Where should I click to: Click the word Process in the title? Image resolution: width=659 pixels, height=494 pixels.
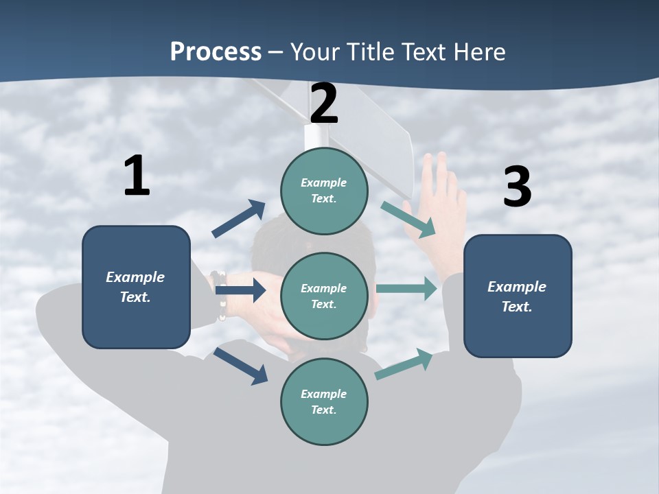[216, 51]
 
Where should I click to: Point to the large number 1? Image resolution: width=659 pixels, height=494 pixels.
[137, 176]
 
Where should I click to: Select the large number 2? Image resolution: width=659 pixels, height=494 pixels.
[324, 104]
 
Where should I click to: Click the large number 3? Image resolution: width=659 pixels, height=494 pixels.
[517, 187]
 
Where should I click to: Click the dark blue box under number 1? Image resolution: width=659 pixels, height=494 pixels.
[136, 287]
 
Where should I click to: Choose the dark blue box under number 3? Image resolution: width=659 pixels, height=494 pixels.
[518, 296]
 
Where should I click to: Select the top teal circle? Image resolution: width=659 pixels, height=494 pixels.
[324, 191]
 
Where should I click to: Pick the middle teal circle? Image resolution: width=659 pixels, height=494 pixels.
[324, 296]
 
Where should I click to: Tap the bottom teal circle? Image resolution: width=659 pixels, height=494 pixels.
[324, 402]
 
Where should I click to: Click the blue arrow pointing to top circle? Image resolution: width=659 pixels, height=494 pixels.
[239, 219]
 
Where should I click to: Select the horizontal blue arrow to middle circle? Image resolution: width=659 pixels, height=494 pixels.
[240, 290]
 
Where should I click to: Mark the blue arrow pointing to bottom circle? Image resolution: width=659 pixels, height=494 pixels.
[240, 366]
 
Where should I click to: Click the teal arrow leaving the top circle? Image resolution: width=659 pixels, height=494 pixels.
[408, 219]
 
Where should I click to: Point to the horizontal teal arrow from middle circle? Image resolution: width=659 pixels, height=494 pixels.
[406, 288]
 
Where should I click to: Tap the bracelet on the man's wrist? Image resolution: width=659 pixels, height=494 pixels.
[220, 295]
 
